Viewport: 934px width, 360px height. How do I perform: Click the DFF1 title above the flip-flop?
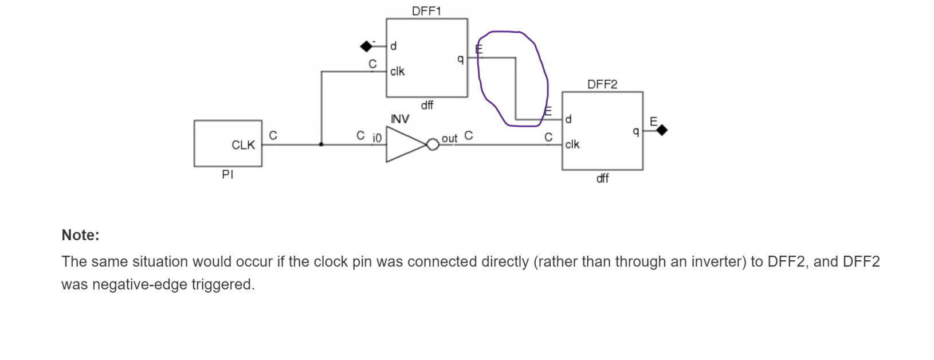coord(426,11)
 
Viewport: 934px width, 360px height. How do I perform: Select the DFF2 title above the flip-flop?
coord(602,84)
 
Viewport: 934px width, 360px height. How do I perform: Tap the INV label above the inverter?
coord(400,119)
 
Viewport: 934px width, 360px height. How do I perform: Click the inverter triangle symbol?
coord(405,144)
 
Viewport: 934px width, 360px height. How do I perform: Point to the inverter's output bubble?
coord(433,144)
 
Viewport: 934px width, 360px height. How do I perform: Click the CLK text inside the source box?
coord(243,145)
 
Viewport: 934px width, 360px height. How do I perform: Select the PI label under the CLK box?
coord(227,175)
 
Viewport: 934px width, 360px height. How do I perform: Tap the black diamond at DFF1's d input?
coord(366,46)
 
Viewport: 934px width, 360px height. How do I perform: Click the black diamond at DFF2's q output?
coord(662,131)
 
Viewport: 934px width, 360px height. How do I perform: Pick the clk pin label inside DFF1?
coord(397,71)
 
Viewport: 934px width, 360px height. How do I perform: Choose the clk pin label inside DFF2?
coord(572,144)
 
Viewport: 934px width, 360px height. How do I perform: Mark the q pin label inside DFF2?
coord(635,131)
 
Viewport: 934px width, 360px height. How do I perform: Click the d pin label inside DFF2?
coord(568,119)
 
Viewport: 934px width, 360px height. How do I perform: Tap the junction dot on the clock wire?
coord(321,144)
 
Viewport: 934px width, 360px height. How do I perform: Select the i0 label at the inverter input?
coord(376,138)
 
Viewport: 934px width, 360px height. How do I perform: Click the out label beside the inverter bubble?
coord(449,138)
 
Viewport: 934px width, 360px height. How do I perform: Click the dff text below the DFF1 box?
coord(427,105)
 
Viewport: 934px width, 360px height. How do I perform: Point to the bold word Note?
coord(80,235)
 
